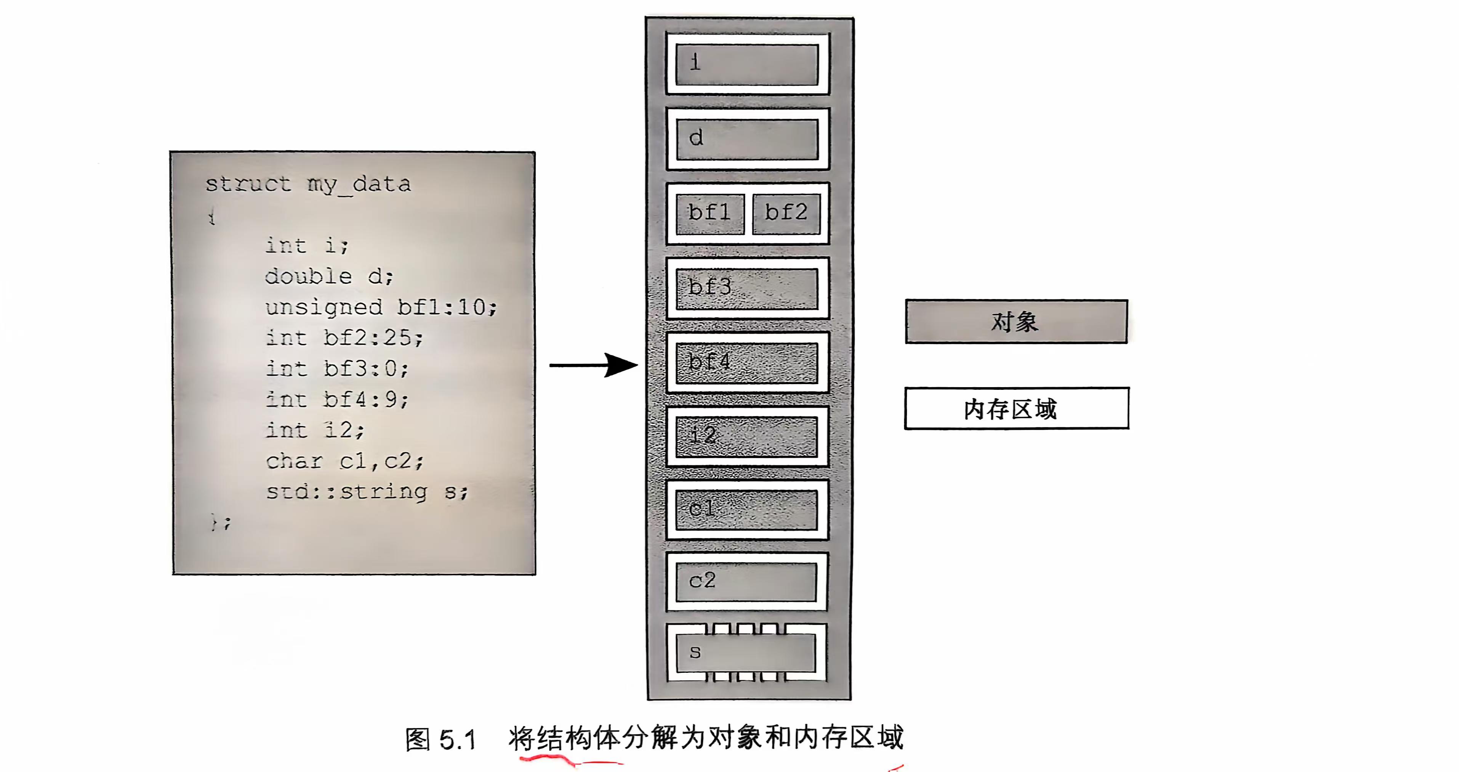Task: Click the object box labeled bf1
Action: pyautogui.click(x=710, y=213)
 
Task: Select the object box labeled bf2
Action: pyautogui.click(x=786, y=213)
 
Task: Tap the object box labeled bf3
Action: pyautogui.click(x=747, y=288)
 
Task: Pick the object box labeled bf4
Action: pyautogui.click(x=747, y=363)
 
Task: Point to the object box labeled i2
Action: pyautogui.click(x=747, y=436)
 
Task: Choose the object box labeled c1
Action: pyautogui.click(x=747, y=510)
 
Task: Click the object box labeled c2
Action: pyautogui.click(x=747, y=582)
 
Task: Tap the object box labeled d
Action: pyautogui.click(x=748, y=139)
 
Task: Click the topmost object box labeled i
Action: pyautogui.click(x=748, y=64)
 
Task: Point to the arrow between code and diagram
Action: pyautogui.click(x=594, y=365)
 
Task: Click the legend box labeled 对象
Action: pyautogui.click(x=1016, y=322)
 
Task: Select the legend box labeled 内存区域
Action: pyautogui.click(x=1016, y=409)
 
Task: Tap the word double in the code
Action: pyautogui.click(x=309, y=277)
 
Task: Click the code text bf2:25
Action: pyautogui.click(x=373, y=338)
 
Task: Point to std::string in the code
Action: pyautogui.click(x=347, y=491)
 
